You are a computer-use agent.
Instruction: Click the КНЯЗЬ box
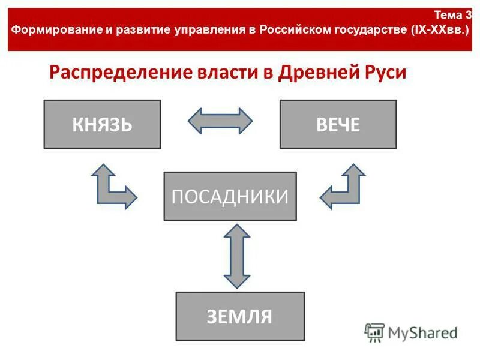[102, 124]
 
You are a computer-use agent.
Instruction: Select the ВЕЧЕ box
[338, 124]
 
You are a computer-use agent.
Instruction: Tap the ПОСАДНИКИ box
[230, 196]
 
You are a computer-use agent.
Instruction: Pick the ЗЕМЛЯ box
[239, 316]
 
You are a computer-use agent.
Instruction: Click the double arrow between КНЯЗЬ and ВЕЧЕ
[220, 121]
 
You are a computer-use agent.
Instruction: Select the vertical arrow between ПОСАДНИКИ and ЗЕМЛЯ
[236, 256]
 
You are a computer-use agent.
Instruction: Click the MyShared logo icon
[374, 332]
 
